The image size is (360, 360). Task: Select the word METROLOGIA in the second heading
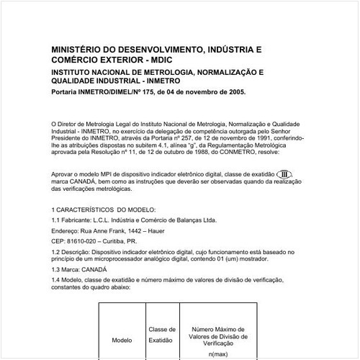pyautogui.click(x=165, y=73)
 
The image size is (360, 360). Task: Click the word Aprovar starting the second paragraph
pyautogui.click(x=63, y=174)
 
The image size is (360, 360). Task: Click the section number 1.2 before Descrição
pyautogui.click(x=57, y=253)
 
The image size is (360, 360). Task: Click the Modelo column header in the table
pyautogui.click(x=122, y=339)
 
